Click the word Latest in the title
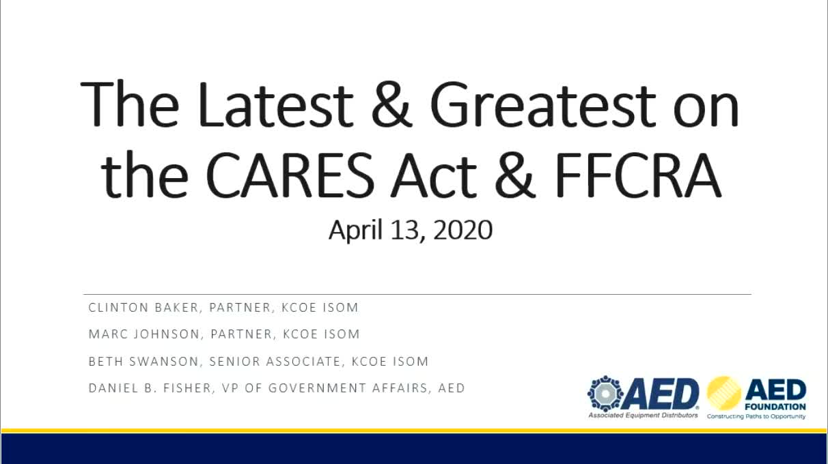(x=276, y=104)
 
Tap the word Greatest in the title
(x=543, y=104)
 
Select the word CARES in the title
(x=290, y=174)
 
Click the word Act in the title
(x=434, y=174)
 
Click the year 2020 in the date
(x=463, y=229)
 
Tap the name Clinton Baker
(x=143, y=308)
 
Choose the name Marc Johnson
(x=144, y=334)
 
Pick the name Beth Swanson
(x=143, y=362)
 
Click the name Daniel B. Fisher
(x=150, y=388)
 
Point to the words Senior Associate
(x=275, y=362)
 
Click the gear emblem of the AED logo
(x=605, y=394)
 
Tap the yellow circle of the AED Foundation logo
(x=724, y=393)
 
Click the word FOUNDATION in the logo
(x=775, y=407)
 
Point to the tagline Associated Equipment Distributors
(x=643, y=416)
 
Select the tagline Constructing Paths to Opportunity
(x=756, y=416)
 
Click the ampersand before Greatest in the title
(x=391, y=104)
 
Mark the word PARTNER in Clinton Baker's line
(x=240, y=308)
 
